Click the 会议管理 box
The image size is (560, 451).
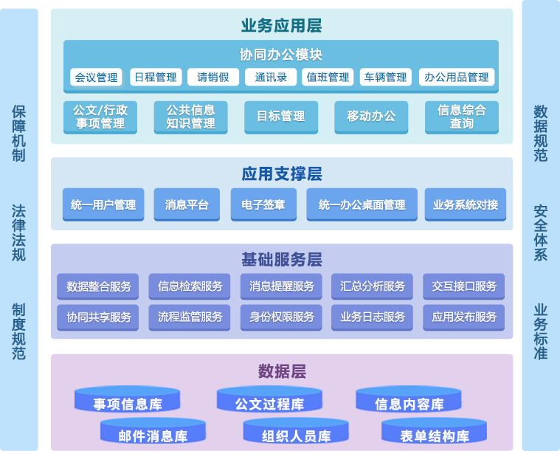(x=97, y=78)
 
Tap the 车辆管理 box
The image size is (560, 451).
(x=384, y=78)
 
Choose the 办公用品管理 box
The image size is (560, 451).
(x=457, y=78)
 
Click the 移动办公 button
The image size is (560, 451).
(x=371, y=117)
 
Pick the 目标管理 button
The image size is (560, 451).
(x=281, y=117)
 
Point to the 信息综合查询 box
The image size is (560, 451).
(x=462, y=117)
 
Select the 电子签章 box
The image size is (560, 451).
(x=263, y=205)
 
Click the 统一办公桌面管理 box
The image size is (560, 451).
(x=362, y=205)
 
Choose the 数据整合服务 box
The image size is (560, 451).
(x=98, y=286)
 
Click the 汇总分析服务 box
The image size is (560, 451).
(x=373, y=286)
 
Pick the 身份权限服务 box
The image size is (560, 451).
(x=281, y=317)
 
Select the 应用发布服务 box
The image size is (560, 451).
(x=464, y=317)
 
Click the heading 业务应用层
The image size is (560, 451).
(x=281, y=26)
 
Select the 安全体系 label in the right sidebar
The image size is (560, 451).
(x=540, y=233)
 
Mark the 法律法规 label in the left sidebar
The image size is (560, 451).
(x=18, y=233)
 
